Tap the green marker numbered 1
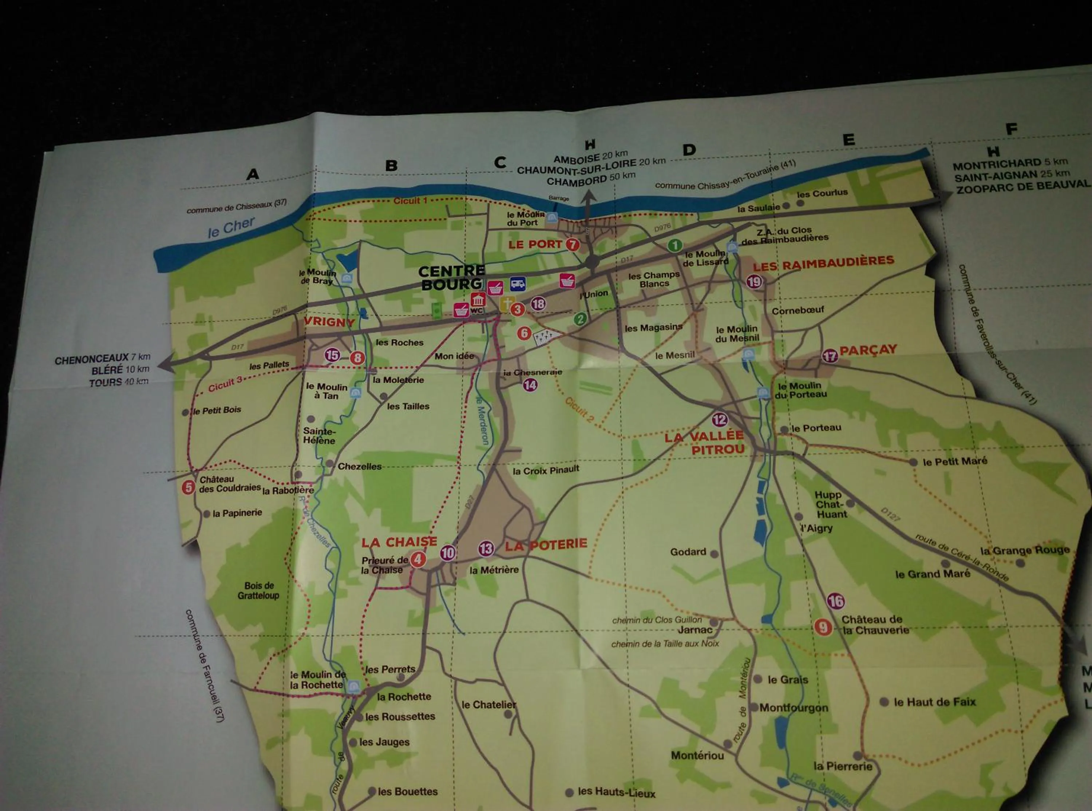click(x=675, y=245)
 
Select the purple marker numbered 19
click(x=754, y=282)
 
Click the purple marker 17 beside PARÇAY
click(x=830, y=356)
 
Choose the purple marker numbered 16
click(x=835, y=601)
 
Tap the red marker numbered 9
click(x=823, y=627)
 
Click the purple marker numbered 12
click(x=720, y=420)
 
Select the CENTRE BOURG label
click(x=451, y=277)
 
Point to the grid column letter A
click(x=252, y=174)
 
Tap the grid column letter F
click(x=1011, y=129)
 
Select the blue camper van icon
click(x=518, y=283)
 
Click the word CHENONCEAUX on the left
click(x=91, y=359)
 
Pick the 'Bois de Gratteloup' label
click(x=259, y=590)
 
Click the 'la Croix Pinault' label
click(x=546, y=470)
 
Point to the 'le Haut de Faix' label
click(x=934, y=702)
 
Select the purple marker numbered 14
click(x=530, y=385)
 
